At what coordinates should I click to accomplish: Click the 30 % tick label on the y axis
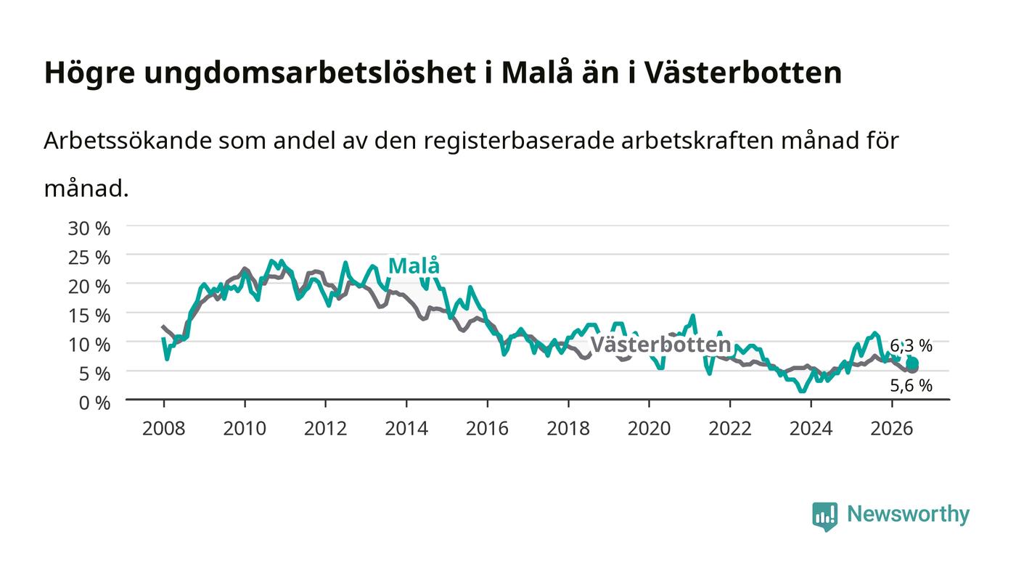[89, 228]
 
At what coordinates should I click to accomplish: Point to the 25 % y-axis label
[89, 257]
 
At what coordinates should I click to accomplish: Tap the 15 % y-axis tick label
[89, 316]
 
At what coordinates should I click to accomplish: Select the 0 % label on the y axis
[94, 403]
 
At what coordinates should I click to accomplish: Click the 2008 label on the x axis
[164, 428]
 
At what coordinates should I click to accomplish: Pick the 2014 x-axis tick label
[406, 428]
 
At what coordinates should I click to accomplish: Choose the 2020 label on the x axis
[649, 428]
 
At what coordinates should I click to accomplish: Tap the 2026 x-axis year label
[892, 428]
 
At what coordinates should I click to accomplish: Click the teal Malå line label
[414, 266]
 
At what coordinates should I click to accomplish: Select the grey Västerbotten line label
[661, 345]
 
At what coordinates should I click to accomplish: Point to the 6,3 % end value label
[911, 345]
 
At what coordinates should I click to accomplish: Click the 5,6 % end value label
[911, 385]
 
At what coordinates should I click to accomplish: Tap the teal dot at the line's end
[913, 363]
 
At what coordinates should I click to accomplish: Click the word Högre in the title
[90, 73]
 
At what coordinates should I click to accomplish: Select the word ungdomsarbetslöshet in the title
[311, 73]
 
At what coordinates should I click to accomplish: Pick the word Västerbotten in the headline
[742, 73]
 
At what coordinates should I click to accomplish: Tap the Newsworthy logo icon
[825, 517]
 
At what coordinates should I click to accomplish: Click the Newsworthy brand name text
[909, 514]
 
